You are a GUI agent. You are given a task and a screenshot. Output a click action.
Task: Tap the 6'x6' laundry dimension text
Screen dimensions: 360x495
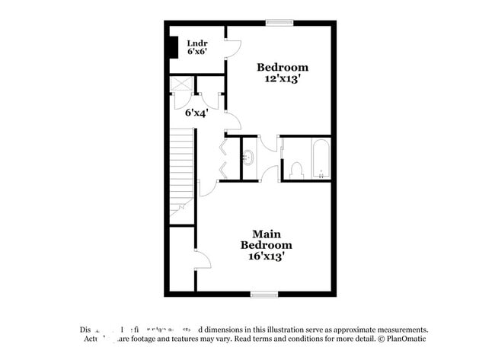point(198,54)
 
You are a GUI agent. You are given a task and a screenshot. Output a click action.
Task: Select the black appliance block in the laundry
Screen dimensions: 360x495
point(174,46)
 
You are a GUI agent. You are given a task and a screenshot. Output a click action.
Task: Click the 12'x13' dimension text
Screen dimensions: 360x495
point(282,78)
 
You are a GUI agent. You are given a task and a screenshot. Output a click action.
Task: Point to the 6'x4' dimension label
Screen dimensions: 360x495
point(196,113)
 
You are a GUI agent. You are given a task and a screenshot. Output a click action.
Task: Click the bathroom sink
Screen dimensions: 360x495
point(248,158)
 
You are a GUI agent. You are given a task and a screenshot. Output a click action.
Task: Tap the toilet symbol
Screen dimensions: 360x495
point(297,169)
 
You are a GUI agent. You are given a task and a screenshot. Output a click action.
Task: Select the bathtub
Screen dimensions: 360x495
point(320,159)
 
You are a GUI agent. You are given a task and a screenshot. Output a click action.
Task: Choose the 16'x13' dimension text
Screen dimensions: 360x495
point(267,256)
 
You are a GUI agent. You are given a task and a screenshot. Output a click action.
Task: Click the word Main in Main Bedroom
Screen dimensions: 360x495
point(267,234)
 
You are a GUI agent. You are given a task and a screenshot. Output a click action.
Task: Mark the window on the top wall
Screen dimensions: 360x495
point(279,22)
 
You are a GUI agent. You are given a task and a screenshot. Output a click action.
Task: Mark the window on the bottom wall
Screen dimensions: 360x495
point(263,294)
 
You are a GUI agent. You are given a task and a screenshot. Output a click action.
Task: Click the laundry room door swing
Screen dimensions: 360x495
point(232,47)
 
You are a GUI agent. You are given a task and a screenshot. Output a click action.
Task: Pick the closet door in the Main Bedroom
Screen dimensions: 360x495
point(202,260)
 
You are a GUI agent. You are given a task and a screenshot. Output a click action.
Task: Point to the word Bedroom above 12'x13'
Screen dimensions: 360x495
point(282,67)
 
